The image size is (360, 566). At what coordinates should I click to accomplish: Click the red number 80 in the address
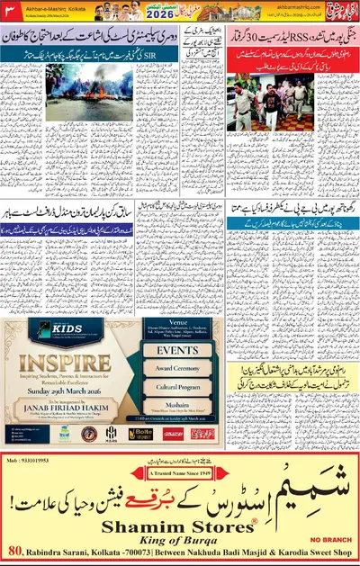tap(15, 552)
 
